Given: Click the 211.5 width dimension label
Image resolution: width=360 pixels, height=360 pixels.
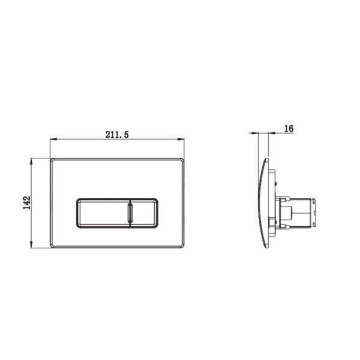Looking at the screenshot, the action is pyautogui.click(x=117, y=135).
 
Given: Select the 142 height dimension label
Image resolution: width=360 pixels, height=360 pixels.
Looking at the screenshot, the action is pyautogui.click(x=27, y=203).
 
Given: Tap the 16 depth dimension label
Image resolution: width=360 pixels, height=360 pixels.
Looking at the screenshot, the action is pyautogui.click(x=289, y=128).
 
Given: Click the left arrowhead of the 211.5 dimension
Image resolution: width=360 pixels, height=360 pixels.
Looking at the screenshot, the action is pyautogui.click(x=53, y=139).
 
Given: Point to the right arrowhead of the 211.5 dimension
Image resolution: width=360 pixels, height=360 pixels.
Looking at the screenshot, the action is pyautogui.click(x=181, y=139).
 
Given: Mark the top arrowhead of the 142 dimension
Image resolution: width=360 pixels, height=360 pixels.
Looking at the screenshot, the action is pyautogui.click(x=31, y=161).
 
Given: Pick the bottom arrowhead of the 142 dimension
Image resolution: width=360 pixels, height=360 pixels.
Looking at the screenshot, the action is pyautogui.click(x=31, y=245).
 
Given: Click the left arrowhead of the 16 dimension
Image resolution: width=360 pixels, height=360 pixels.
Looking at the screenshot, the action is pyautogui.click(x=255, y=133).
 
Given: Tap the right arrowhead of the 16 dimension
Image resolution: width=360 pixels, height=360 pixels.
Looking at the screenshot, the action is pyautogui.click(x=272, y=133).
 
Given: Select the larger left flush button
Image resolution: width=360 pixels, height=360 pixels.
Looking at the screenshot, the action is pyautogui.click(x=103, y=213).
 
